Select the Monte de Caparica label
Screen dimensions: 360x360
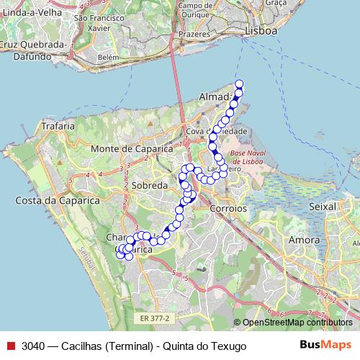click(132, 148)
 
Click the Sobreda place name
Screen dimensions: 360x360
click(149, 185)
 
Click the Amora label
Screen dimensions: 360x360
click(303, 240)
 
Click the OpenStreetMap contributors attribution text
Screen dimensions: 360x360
click(297, 323)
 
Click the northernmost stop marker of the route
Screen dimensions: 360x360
click(239, 84)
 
